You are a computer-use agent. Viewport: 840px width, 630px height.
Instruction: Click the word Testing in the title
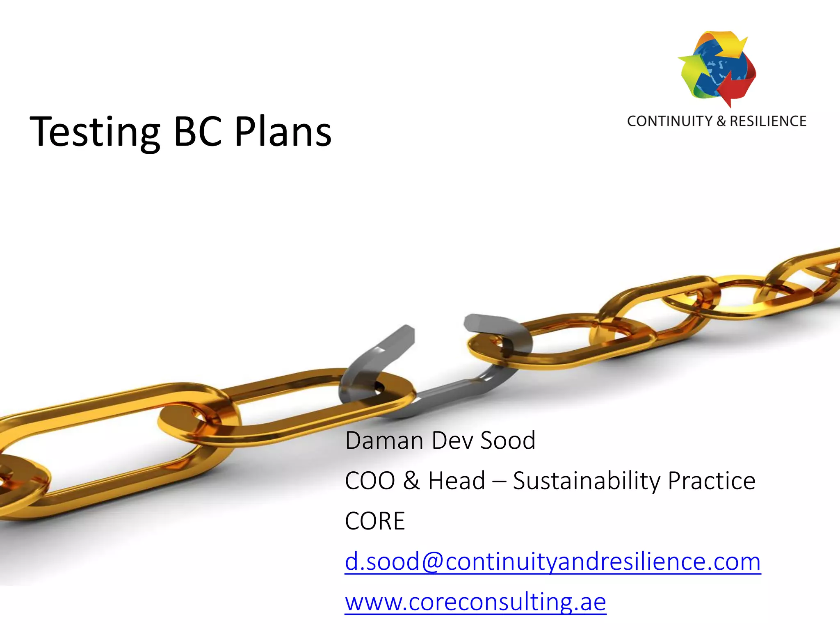click(95, 132)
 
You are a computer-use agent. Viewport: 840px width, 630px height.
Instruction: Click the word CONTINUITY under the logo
click(670, 121)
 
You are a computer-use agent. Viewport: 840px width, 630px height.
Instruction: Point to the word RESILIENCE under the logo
click(768, 121)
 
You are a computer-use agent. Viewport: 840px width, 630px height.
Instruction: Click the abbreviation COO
click(370, 481)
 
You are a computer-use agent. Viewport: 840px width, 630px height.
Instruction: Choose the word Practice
click(712, 481)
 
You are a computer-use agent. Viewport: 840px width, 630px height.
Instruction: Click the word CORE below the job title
click(375, 521)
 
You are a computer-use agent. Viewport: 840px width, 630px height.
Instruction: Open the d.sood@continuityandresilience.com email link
click(552, 562)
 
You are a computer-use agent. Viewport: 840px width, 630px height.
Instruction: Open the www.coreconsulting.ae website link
click(475, 602)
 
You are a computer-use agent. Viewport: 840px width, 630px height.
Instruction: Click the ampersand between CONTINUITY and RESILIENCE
click(721, 121)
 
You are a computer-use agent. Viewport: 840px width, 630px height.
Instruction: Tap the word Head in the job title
click(457, 481)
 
